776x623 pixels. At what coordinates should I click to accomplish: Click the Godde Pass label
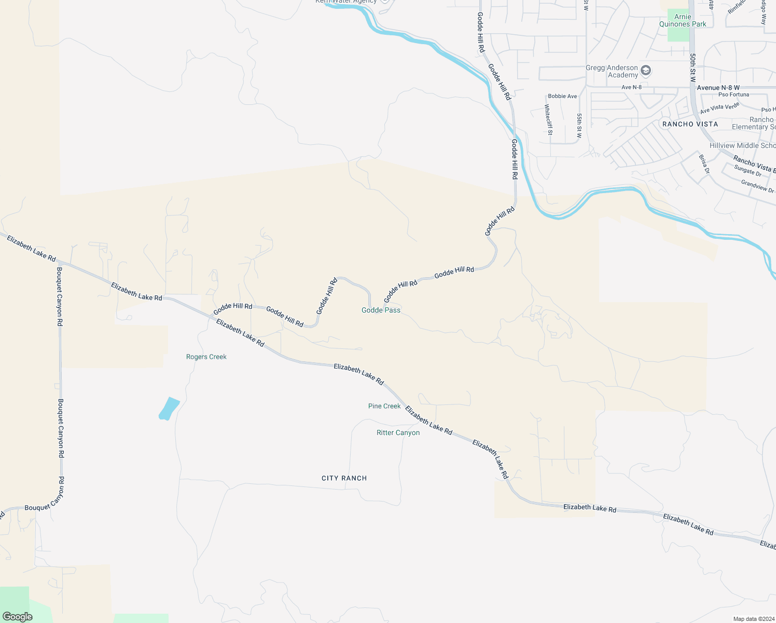(x=381, y=310)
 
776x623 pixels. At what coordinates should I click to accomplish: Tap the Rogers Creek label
(x=206, y=357)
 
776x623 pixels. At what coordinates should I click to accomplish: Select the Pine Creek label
(x=384, y=406)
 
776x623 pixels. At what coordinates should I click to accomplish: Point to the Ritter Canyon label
(x=398, y=432)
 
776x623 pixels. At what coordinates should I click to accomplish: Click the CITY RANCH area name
(x=344, y=478)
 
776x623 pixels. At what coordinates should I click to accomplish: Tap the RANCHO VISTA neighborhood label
(x=690, y=124)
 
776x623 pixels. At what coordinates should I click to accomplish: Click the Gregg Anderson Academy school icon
(x=646, y=70)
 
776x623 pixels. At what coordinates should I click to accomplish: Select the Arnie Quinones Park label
(x=683, y=20)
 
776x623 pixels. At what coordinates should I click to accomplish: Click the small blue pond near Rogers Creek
(x=169, y=409)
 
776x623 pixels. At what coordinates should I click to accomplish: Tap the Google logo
(x=18, y=617)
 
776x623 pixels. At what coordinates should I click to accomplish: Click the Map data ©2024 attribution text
(x=753, y=619)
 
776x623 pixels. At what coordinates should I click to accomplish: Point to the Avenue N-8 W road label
(x=718, y=88)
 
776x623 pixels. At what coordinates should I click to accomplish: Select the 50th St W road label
(x=692, y=67)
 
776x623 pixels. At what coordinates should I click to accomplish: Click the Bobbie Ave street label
(x=562, y=96)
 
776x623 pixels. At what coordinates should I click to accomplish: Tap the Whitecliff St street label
(x=548, y=119)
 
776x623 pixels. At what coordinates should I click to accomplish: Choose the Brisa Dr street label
(x=703, y=164)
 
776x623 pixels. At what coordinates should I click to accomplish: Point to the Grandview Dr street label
(x=757, y=186)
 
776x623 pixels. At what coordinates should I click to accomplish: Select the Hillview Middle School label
(x=742, y=145)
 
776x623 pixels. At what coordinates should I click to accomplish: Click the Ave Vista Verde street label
(x=719, y=109)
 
